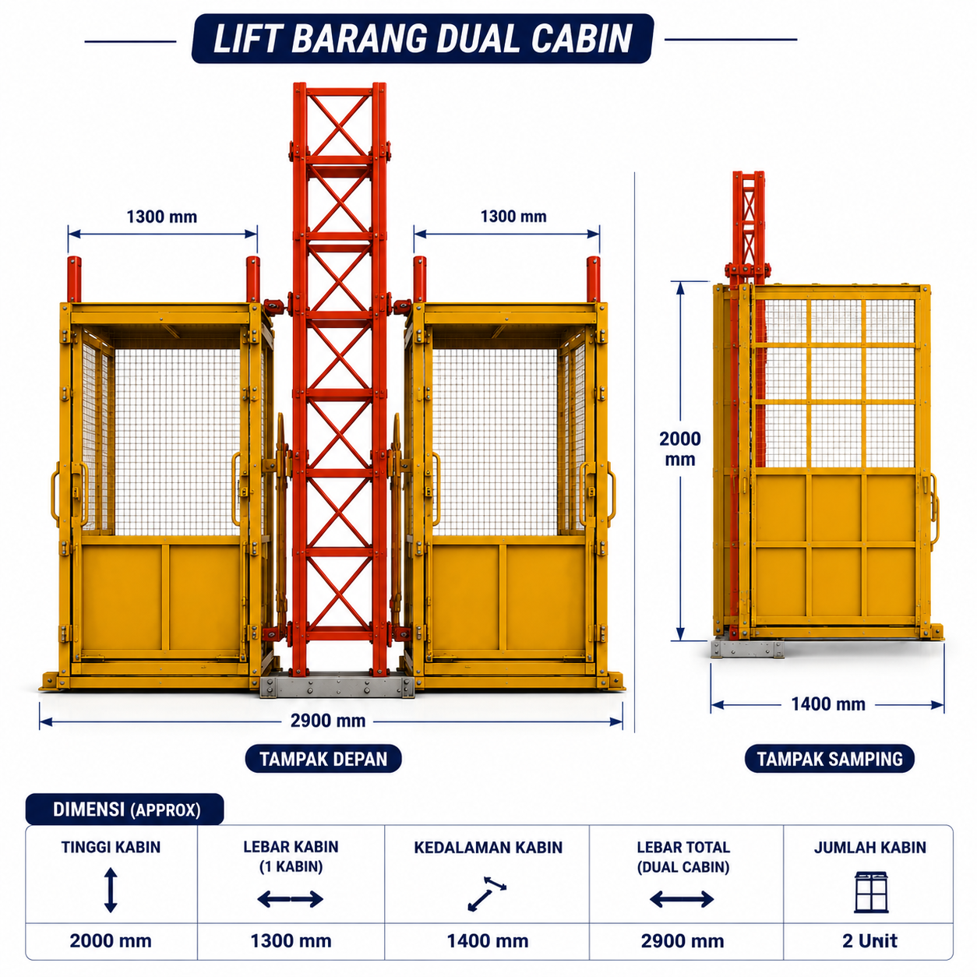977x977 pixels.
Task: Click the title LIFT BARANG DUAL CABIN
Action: pos(423,38)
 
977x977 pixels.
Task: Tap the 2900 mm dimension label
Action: pos(328,721)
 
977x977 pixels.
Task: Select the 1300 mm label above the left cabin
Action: pos(162,217)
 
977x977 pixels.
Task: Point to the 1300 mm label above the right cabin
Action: pos(513,217)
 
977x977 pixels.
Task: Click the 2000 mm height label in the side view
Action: pos(679,449)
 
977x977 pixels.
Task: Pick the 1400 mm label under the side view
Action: pos(828,704)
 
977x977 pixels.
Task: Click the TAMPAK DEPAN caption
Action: pos(323,759)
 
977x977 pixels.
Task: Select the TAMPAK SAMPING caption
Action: pos(830,759)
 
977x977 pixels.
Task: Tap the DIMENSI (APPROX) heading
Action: pos(126,809)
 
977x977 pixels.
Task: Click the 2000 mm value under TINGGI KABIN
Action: pos(111,941)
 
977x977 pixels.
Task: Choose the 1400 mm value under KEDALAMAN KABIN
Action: pos(488,941)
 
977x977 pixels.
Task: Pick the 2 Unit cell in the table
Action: pos(869,941)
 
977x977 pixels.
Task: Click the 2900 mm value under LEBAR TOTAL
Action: pos(682,941)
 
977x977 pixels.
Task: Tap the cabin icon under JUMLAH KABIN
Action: pos(871,892)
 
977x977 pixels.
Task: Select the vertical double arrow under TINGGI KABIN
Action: pos(111,890)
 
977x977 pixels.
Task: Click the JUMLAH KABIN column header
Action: pos(870,848)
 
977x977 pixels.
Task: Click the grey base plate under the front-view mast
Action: pos(337,686)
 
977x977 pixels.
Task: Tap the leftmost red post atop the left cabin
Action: pos(74,280)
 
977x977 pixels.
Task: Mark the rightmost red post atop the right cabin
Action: pos(593,280)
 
